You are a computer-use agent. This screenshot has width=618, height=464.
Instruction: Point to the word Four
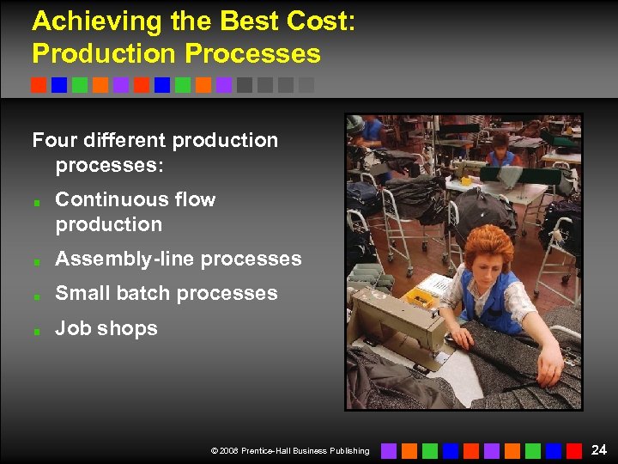click(55, 140)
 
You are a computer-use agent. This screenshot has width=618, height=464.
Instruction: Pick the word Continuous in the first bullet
click(111, 199)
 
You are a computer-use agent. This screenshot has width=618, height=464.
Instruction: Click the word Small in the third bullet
click(82, 293)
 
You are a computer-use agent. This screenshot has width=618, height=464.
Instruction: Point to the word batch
click(146, 293)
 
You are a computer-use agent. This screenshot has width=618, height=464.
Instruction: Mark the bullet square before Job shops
click(38, 329)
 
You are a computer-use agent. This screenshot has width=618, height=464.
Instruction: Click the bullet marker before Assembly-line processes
click(38, 259)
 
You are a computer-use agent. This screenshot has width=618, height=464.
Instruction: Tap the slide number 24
click(599, 449)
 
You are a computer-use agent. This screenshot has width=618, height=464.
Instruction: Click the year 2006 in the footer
click(230, 450)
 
